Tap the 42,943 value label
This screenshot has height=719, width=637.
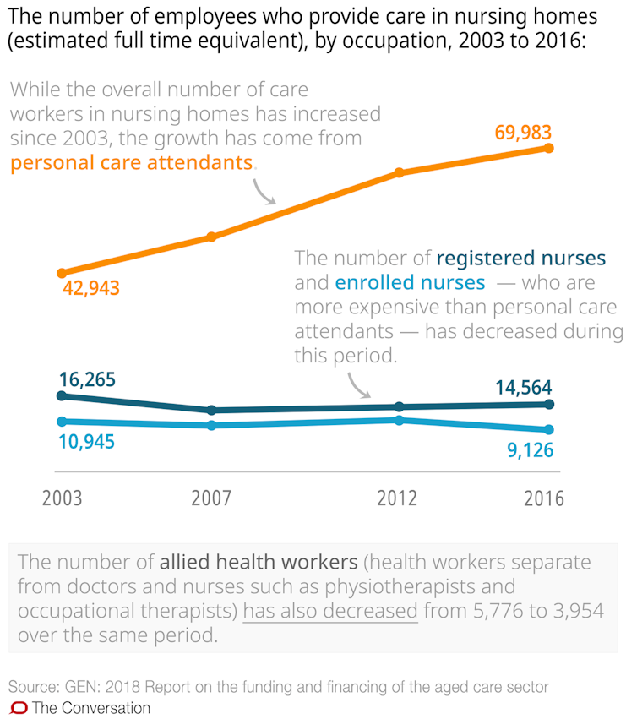(91, 288)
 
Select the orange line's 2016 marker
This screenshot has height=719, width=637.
(549, 148)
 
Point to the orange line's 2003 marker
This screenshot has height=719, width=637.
(61, 273)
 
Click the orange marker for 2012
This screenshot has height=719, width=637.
(399, 173)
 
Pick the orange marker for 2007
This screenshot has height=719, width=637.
(211, 237)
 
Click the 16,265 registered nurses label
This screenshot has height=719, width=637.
(87, 380)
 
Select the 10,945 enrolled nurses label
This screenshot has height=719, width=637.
(86, 441)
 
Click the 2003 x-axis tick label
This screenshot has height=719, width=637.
(62, 498)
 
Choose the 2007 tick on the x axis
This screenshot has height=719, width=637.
(212, 498)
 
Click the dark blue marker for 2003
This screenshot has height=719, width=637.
(61, 395)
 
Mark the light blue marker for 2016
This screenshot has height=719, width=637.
(549, 430)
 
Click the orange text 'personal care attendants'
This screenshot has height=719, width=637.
(132, 163)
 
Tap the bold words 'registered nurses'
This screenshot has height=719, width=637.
(521, 259)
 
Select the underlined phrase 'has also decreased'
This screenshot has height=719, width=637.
(330, 611)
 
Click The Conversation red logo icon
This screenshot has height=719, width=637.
(19, 708)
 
